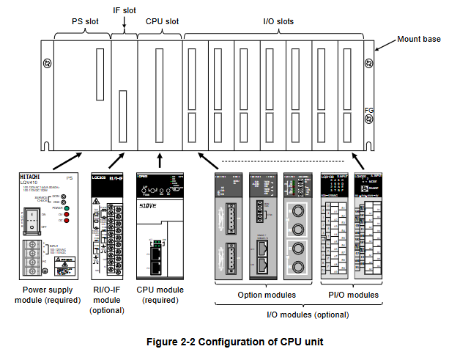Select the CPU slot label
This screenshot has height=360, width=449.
162,21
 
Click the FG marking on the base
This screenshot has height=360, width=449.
369,111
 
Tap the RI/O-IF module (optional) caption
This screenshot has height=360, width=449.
108,300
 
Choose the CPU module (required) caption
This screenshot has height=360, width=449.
160,295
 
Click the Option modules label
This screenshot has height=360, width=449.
267,295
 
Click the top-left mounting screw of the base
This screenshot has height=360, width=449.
47,64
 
